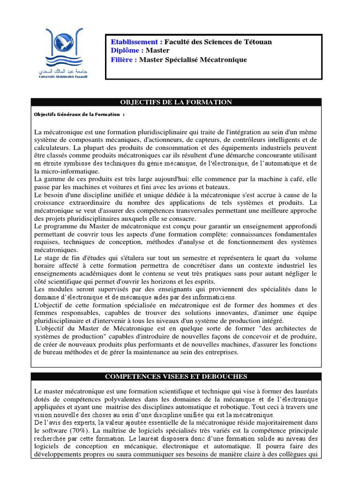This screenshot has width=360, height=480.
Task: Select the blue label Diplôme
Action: click(x=127, y=51)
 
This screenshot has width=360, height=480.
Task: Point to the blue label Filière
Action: click(x=124, y=60)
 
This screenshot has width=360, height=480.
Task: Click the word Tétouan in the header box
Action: click(x=257, y=42)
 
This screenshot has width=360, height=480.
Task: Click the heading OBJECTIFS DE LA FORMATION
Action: click(x=176, y=102)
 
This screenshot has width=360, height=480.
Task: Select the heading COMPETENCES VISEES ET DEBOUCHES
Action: click(x=176, y=377)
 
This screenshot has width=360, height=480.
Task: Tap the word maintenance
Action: click(x=167, y=352)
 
